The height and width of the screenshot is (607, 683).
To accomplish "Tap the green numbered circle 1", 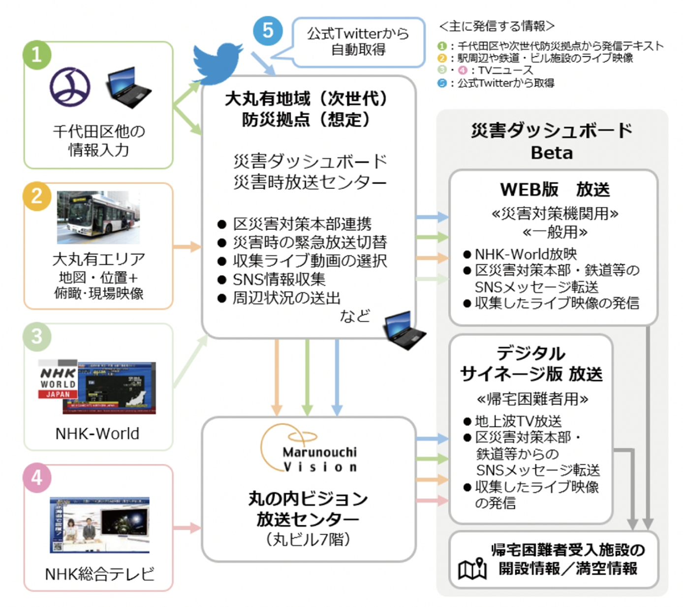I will point(36,54).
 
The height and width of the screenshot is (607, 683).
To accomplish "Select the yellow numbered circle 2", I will point(36,196).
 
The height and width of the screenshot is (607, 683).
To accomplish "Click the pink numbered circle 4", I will point(37,477).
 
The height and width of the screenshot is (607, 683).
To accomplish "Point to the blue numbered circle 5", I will point(267,30).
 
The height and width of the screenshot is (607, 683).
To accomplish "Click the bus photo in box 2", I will point(98,217).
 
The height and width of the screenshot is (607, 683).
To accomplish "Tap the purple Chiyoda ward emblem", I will point(70,88).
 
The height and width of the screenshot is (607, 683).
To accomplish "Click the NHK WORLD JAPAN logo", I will point(58,383).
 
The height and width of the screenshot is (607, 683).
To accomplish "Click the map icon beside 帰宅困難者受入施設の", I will point(472,569).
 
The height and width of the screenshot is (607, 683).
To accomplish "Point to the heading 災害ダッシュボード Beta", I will point(552,141).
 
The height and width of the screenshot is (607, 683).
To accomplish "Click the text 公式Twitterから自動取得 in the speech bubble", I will point(358,41).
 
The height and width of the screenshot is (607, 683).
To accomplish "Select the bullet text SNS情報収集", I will point(279,279).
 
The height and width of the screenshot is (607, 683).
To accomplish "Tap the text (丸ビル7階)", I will point(308,539).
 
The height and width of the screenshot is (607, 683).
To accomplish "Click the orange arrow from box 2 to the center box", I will point(187,247).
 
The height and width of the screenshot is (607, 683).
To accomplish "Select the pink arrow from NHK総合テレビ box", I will point(187,528).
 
